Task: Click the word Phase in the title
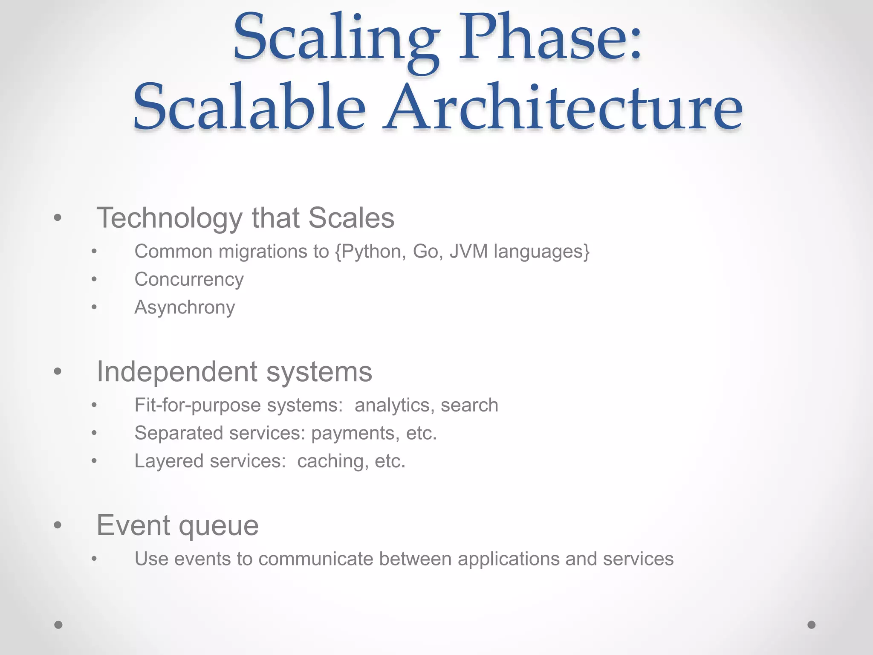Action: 550,38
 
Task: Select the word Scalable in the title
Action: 249,107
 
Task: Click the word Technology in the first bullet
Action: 170,218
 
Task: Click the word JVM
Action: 468,252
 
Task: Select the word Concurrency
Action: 189,280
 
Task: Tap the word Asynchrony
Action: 185,307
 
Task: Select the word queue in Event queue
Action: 219,525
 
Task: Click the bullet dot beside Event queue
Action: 58,525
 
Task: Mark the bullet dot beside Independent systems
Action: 58,371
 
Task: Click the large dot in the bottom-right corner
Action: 812,625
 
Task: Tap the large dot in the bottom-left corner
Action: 58,625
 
